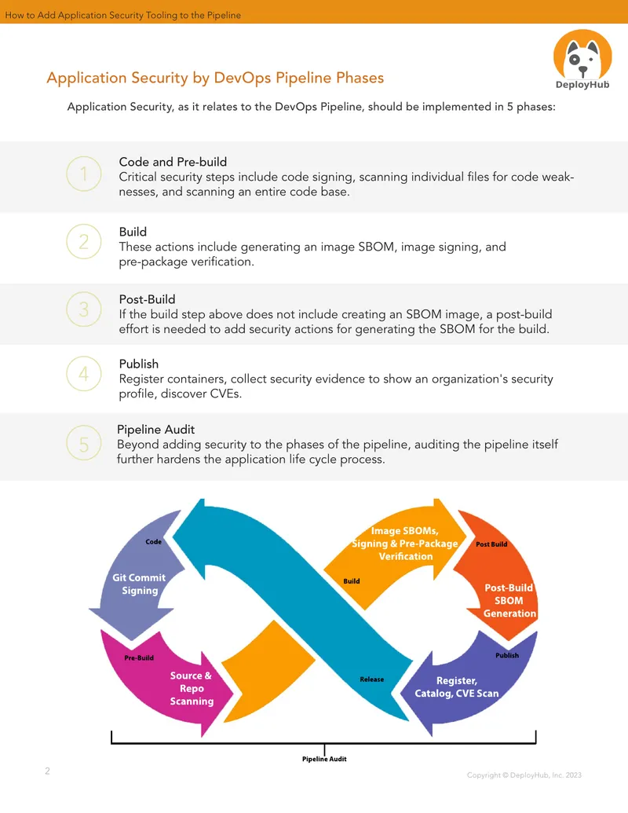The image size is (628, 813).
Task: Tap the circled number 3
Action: [84, 309]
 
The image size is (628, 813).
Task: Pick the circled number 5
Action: [84, 443]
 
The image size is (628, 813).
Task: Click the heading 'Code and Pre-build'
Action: [173, 162]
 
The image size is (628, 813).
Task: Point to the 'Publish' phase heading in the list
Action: [139, 364]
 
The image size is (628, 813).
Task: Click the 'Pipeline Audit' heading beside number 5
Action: [156, 430]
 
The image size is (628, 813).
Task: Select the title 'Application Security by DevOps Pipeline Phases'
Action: [215, 78]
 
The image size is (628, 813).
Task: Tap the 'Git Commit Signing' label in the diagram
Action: [140, 584]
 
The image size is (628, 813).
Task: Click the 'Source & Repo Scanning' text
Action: [192, 689]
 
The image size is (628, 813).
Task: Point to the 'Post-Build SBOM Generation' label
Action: [509, 600]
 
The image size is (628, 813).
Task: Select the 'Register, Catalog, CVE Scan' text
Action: [457, 687]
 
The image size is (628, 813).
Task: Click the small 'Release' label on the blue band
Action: [372, 679]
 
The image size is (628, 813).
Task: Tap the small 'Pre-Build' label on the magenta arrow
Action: [139, 658]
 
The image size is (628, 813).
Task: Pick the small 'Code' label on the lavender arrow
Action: [153, 542]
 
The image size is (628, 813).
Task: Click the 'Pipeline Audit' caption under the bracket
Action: [324, 759]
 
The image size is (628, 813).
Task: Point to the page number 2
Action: [47, 771]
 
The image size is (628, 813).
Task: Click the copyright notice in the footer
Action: [524, 775]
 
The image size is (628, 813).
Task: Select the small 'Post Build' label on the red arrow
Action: [491, 544]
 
